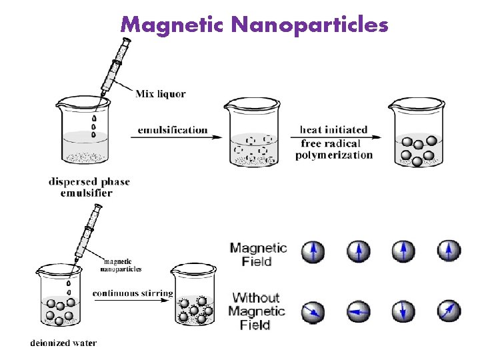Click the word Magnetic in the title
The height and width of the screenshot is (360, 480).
[174, 25]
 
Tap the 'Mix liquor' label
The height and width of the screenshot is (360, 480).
[160, 94]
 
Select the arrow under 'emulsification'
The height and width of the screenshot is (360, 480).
[180, 137]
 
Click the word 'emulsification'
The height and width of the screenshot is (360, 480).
[173, 129]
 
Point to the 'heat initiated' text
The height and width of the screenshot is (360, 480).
[333, 129]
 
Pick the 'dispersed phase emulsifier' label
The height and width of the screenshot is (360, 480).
[89, 187]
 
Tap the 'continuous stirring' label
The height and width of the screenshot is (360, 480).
[133, 293]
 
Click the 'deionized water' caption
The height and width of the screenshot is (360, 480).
[63, 343]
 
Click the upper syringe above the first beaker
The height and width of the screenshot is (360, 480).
[111, 70]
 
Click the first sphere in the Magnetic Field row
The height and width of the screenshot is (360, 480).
[313, 251]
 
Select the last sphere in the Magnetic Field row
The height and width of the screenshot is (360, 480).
[449, 251]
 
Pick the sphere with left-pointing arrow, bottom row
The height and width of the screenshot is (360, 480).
[358, 311]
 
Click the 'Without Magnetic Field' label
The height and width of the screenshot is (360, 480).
[257, 311]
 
